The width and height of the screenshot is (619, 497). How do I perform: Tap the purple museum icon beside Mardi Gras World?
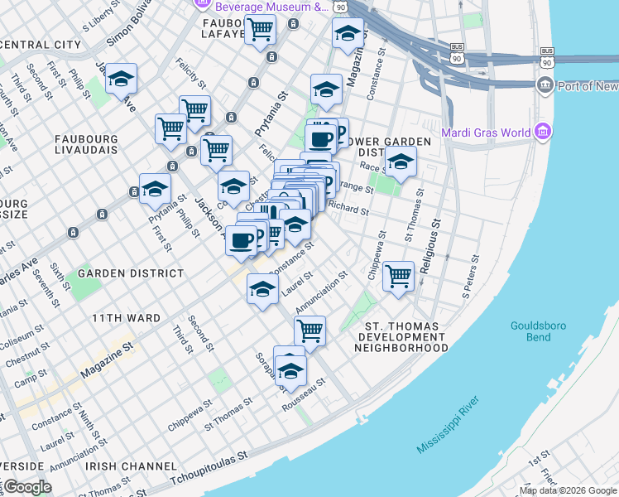[542, 133]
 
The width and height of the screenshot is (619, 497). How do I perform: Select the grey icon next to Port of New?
[545, 85]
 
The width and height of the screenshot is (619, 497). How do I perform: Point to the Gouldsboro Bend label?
[538, 331]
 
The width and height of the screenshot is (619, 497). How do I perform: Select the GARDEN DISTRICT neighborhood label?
[131, 273]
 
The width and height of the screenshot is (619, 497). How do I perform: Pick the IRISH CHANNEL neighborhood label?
[124, 467]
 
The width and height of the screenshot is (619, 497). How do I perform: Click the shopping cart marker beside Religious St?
[399, 277]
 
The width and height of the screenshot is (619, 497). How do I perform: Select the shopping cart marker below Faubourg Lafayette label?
[260, 30]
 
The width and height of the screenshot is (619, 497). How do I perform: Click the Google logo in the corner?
[27, 487]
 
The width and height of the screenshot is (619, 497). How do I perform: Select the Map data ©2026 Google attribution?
[568, 490]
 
